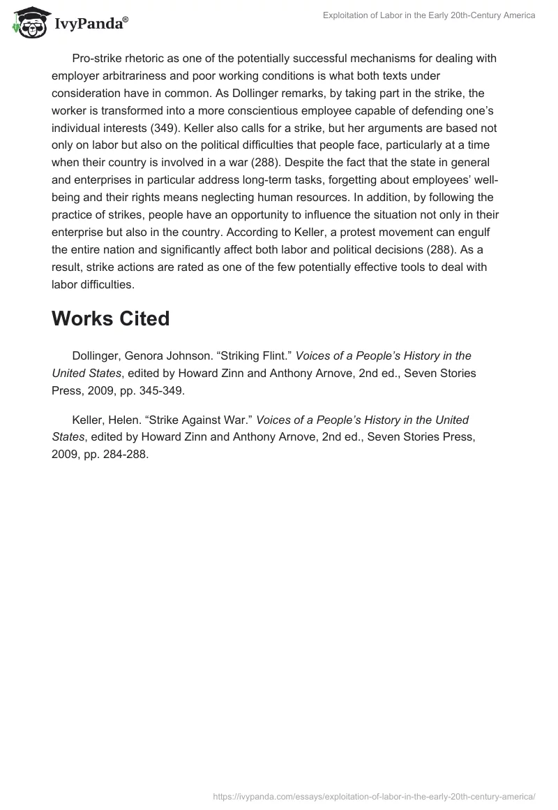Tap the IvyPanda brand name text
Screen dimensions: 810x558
coord(90,23)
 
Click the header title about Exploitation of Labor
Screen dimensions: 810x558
coord(430,15)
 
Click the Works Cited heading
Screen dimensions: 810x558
coord(110,318)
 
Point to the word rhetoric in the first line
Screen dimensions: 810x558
coord(147,59)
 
